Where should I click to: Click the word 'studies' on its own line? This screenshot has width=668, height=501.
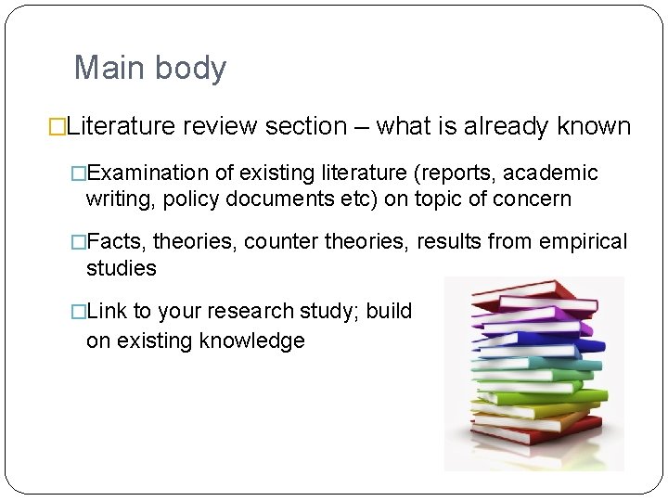(x=122, y=268)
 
